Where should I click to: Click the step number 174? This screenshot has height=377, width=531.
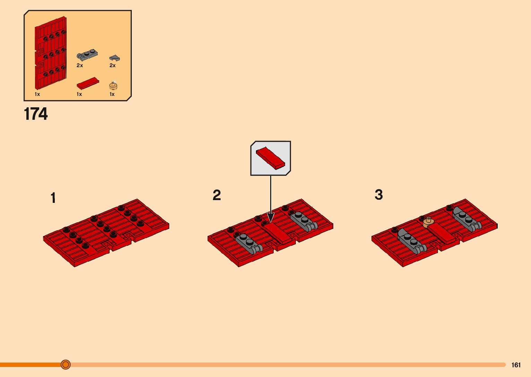(x=36, y=114)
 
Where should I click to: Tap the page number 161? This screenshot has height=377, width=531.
(x=516, y=365)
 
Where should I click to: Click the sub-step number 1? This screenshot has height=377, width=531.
(x=53, y=198)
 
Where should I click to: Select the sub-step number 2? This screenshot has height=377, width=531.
(x=217, y=195)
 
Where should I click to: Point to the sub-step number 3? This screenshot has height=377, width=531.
(x=379, y=195)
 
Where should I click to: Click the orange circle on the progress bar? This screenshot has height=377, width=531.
(x=66, y=365)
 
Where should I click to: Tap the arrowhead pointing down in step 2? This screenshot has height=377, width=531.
(x=271, y=217)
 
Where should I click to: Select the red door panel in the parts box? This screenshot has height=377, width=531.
(x=51, y=53)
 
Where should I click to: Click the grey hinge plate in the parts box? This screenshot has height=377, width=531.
(x=87, y=54)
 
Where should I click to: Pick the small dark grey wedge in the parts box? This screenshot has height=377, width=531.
(x=114, y=58)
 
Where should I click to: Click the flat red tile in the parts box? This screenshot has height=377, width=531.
(x=88, y=83)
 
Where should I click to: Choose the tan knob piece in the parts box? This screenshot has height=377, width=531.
(x=113, y=86)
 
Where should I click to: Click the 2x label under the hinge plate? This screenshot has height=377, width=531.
(x=80, y=65)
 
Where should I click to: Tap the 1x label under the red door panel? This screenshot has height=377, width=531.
(x=37, y=94)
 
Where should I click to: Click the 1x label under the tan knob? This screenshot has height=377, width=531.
(x=112, y=94)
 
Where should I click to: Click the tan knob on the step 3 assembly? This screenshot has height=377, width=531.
(x=429, y=222)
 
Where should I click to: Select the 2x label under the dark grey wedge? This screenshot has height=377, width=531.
(x=112, y=65)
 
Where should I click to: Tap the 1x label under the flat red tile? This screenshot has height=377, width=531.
(x=79, y=94)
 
